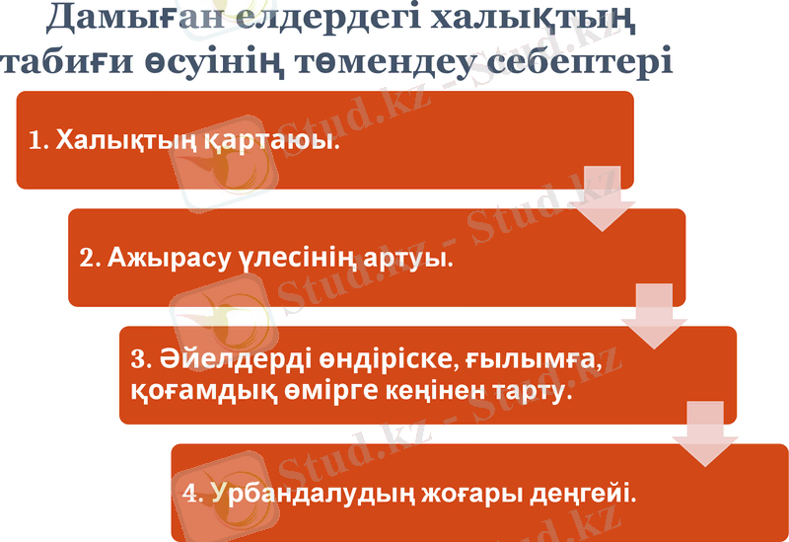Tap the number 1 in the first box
tap(37, 141)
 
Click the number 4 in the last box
tap(191, 492)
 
